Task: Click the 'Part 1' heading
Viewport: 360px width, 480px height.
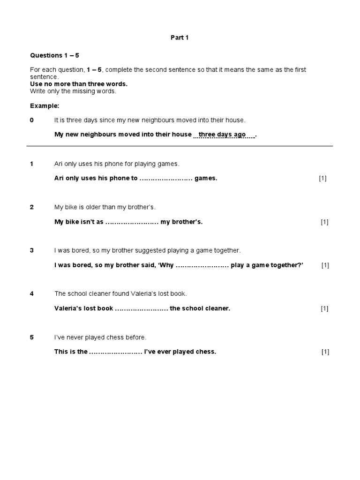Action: point(180,37)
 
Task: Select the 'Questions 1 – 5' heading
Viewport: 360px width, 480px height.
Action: point(55,55)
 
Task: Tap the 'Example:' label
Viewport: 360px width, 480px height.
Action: point(45,105)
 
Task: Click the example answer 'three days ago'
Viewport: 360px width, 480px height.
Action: point(222,135)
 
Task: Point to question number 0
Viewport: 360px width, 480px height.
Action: point(32,120)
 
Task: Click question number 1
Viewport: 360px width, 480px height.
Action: point(32,164)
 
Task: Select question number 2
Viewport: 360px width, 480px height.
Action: point(32,207)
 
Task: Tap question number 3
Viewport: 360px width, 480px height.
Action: point(32,250)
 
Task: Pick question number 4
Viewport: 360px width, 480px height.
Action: point(32,294)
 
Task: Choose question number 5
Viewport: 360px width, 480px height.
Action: point(32,337)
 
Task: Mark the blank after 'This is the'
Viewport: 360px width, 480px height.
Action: point(115,352)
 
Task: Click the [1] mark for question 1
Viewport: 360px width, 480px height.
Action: point(322,179)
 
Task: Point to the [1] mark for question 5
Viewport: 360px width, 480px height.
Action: point(325,352)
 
